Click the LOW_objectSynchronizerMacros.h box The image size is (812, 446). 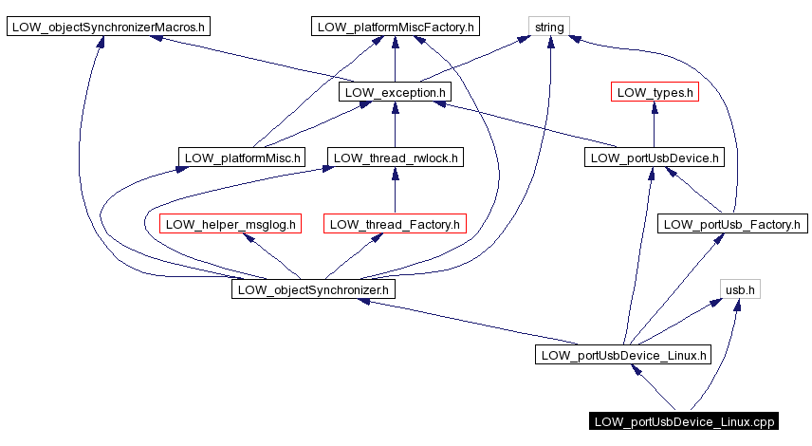pyautogui.click(x=107, y=27)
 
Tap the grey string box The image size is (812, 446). pyautogui.click(x=549, y=27)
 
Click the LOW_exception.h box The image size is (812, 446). pyautogui.click(x=395, y=92)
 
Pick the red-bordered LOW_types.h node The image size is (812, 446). pyautogui.click(x=654, y=92)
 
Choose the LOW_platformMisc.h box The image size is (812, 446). pyautogui.click(x=241, y=158)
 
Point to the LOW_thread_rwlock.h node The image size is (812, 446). pyautogui.click(x=395, y=158)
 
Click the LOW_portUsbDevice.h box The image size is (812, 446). pyautogui.click(x=654, y=158)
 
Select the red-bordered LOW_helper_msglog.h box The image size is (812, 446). pyautogui.click(x=231, y=224)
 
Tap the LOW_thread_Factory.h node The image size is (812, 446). pyautogui.click(x=395, y=224)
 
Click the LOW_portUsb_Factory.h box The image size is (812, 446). pyautogui.click(x=731, y=224)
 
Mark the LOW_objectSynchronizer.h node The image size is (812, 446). pyautogui.click(x=313, y=289)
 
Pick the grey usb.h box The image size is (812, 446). pyautogui.click(x=740, y=289)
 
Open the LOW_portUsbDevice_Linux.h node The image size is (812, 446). pyautogui.click(x=623, y=356)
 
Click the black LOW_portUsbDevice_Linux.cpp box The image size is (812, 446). pyautogui.click(x=684, y=421)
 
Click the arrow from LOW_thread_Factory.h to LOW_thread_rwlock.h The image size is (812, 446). pyautogui.click(x=395, y=191)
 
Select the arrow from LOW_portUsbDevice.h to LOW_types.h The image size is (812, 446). pyautogui.click(x=654, y=125)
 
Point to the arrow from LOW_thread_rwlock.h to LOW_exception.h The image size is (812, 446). pyautogui.click(x=395, y=125)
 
